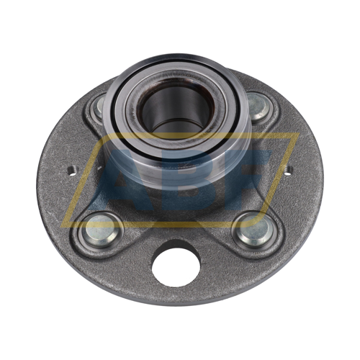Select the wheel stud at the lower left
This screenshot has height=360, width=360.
[101, 229]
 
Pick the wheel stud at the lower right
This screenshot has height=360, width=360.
[254, 229]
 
